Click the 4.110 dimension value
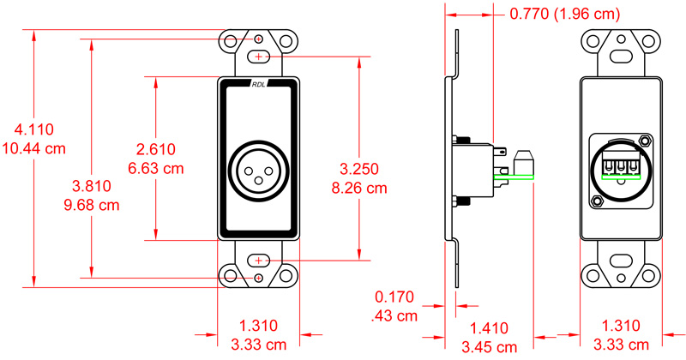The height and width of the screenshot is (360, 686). coord(34,130)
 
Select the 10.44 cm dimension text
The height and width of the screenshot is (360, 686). coord(34,147)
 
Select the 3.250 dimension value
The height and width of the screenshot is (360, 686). coord(360,168)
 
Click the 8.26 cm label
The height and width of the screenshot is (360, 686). coord(360,186)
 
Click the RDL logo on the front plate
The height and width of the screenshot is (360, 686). coord(260,84)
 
